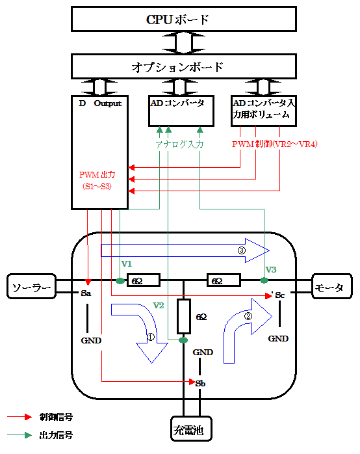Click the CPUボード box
(x=184, y=19)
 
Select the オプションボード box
(x=184, y=66)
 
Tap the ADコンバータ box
(x=181, y=111)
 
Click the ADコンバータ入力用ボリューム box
(x=264, y=111)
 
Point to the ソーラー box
(x=32, y=286)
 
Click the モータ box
(x=332, y=286)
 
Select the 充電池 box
(x=191, y=429)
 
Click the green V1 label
(x=126, y=264)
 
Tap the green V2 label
(x=159, y=306)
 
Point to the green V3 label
(x=271, y=269)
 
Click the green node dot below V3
(x=264, y=280)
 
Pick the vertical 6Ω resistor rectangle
(x=184, y=316)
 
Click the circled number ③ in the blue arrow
(x=242, y=250)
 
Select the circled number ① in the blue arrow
(x=151, y=337)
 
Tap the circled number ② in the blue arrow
(x=248, y=316)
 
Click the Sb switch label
(x=200, y=383)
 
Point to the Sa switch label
(x=86, y=293)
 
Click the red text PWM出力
(x=97, y=174)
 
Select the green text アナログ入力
(x=179, y=144)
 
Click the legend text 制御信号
(x=56, y=417)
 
